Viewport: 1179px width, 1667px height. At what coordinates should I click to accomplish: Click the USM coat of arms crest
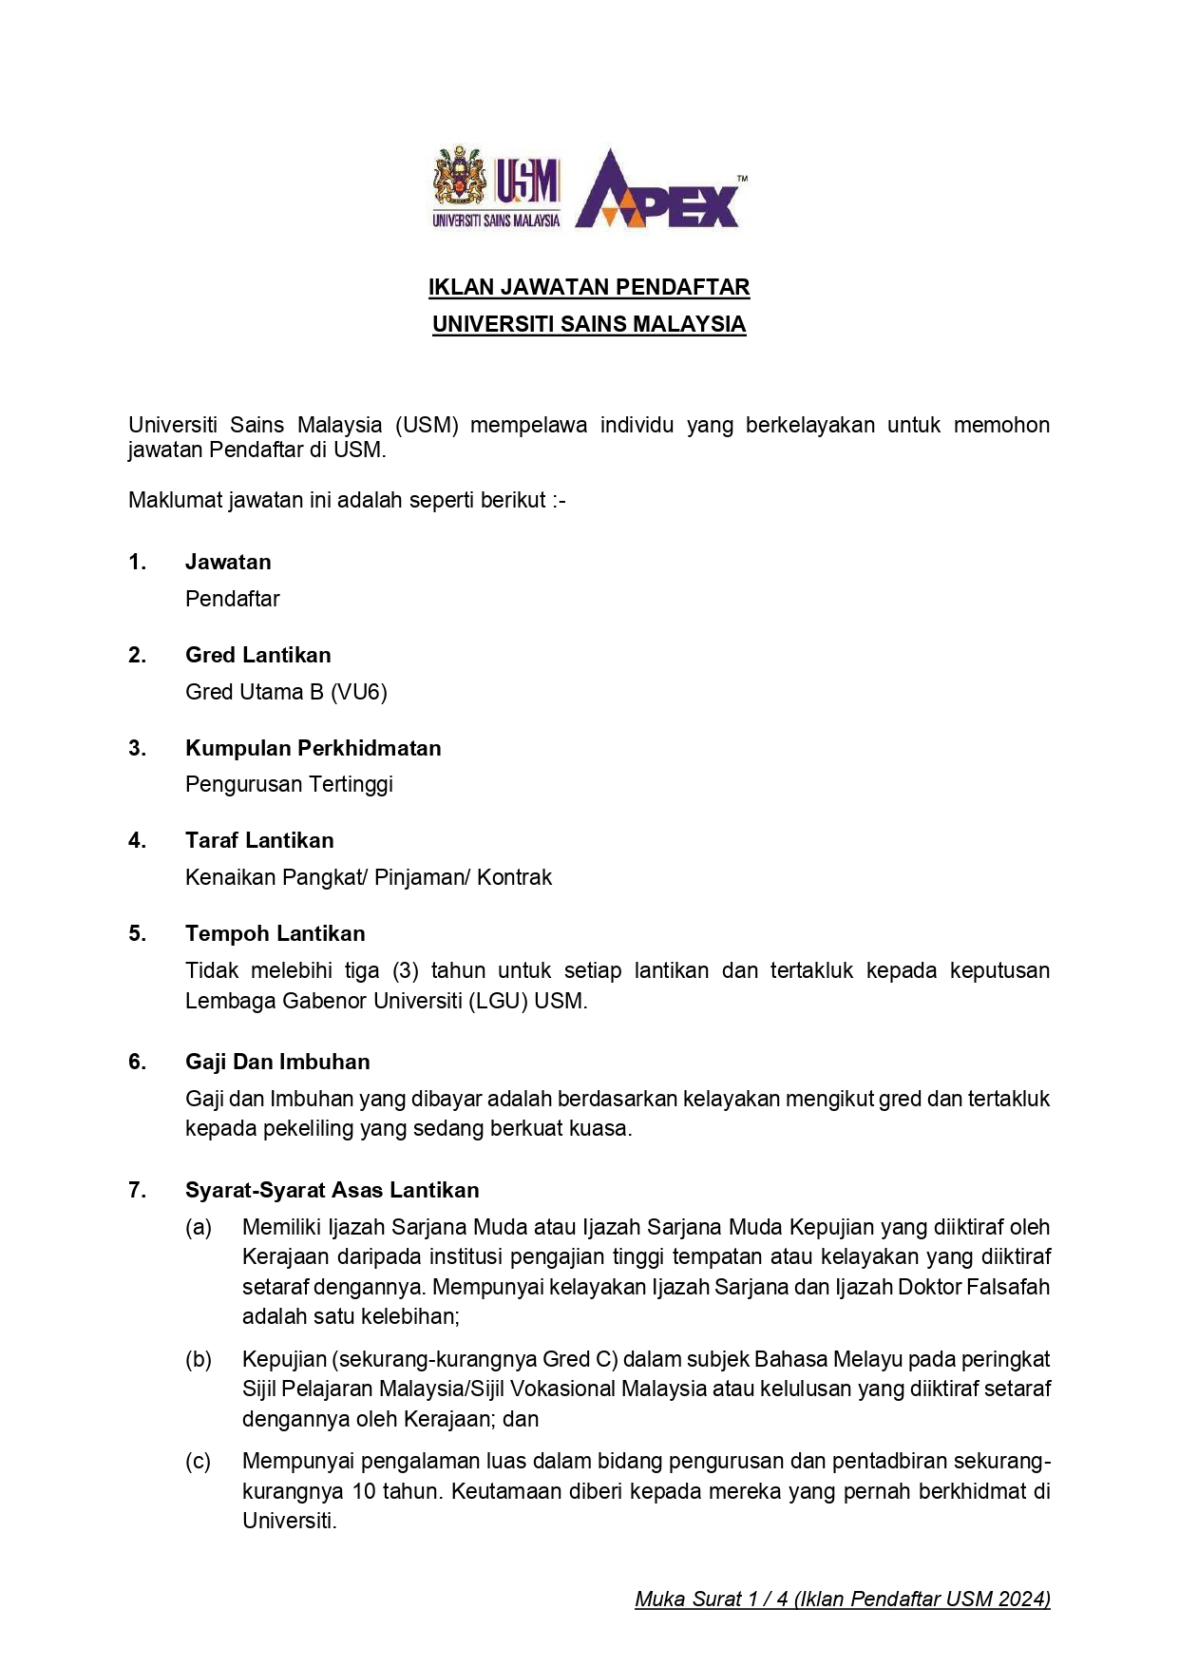tap(460, 178)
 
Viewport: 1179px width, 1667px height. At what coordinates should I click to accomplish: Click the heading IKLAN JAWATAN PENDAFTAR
tap(589, 287)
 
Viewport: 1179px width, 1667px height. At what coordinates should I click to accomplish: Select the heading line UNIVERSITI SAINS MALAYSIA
tap(589, 324)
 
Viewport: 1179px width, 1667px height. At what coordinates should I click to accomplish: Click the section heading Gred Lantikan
tap(258, 655)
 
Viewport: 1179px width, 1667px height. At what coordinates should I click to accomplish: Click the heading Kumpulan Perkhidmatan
tap(314, 748)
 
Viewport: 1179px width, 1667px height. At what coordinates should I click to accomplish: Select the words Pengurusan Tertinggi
tap(289, 784)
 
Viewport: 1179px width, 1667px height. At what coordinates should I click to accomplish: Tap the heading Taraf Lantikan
tap(259, 840)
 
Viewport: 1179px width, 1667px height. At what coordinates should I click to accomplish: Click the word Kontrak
tap(514, 877)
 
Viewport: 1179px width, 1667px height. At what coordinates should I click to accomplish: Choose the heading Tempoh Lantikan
tap(276, 933)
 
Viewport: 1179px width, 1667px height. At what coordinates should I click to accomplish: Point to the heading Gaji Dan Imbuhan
tap(277, 1062)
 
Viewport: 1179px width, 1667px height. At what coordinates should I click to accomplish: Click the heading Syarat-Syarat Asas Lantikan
tap(333, 1190)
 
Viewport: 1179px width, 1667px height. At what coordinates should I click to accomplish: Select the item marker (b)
tap(199, 1359)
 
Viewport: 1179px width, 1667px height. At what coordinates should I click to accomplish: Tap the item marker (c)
tap(199, 1461)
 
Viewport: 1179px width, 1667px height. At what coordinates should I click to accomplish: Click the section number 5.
tap(138, 933)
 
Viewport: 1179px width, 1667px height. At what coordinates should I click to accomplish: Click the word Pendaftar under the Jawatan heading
tap(233, 599)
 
